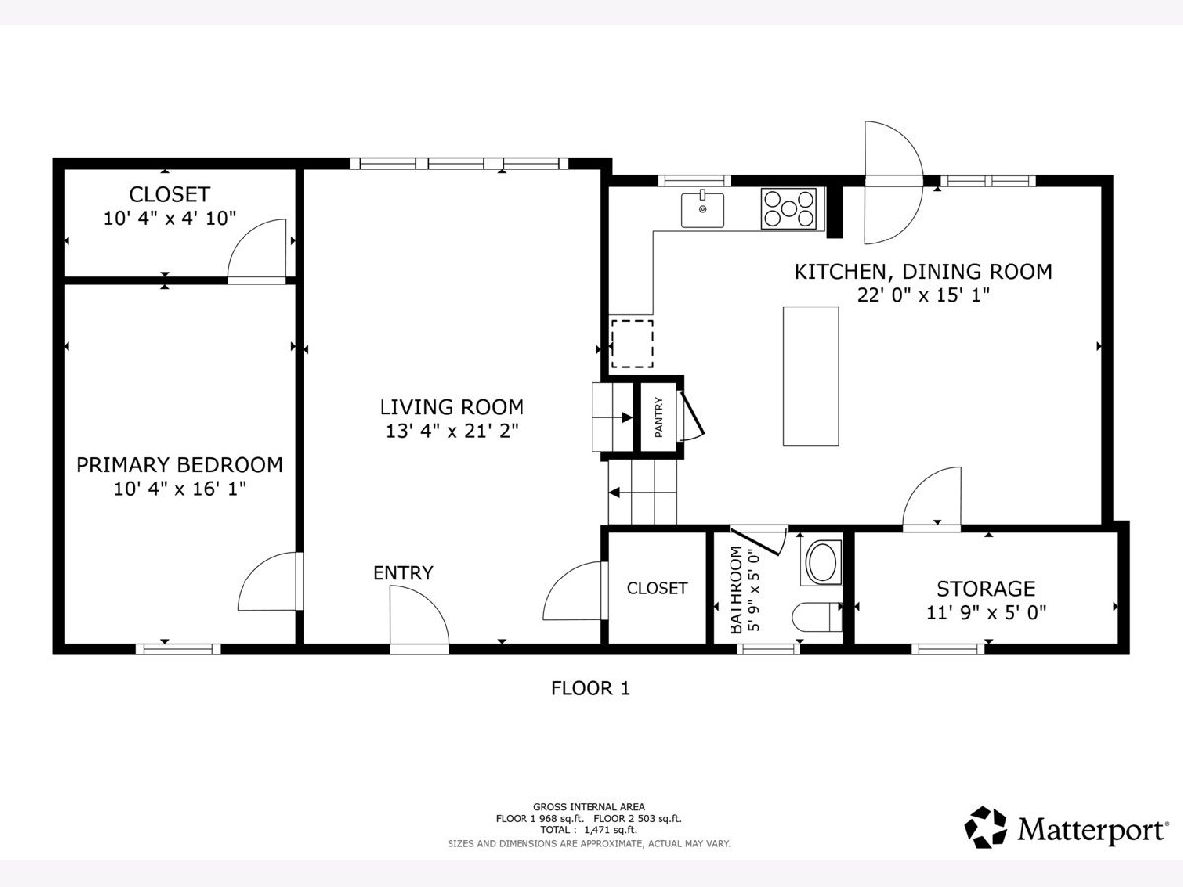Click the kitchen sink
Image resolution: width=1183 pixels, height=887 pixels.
pyautogui.click(x=702, y=210)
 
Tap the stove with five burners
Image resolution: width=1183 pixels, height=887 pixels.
pyautogui.click(x=789, y=209)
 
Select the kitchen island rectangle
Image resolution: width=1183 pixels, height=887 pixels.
pyautogui.click(x=810, y=376)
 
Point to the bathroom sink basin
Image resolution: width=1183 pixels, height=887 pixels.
pyautogui.click(x=822, y=563)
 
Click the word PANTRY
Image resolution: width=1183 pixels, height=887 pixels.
pyautogui.click(x=659, y=417)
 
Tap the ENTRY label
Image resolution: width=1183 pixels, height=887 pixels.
pyautogui.click(x=403, y=572)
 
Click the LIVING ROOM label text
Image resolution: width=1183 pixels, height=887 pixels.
pyautogui.click(x=452, y=407)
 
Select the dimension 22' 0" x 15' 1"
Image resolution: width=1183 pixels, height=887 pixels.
pyautogui.click(x=923, y=295)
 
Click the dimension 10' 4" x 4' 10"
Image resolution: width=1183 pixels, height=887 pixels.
pyautogui.click(x=170, y=218)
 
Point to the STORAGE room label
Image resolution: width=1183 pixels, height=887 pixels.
pyautogui.click(x=986, y=589)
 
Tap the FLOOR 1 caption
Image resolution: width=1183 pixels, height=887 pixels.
pyautogui.click(x=591, y=688)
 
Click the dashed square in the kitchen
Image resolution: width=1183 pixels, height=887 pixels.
pyautogui.click(x=632, y=344)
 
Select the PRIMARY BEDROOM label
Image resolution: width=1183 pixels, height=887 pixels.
pyautogui.click(x=179, y=465)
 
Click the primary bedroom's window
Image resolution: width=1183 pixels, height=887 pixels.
pyautogui.click(x=177, y=648)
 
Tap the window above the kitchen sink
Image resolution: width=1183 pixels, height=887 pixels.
pyautogui.click(x=694, y=181)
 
